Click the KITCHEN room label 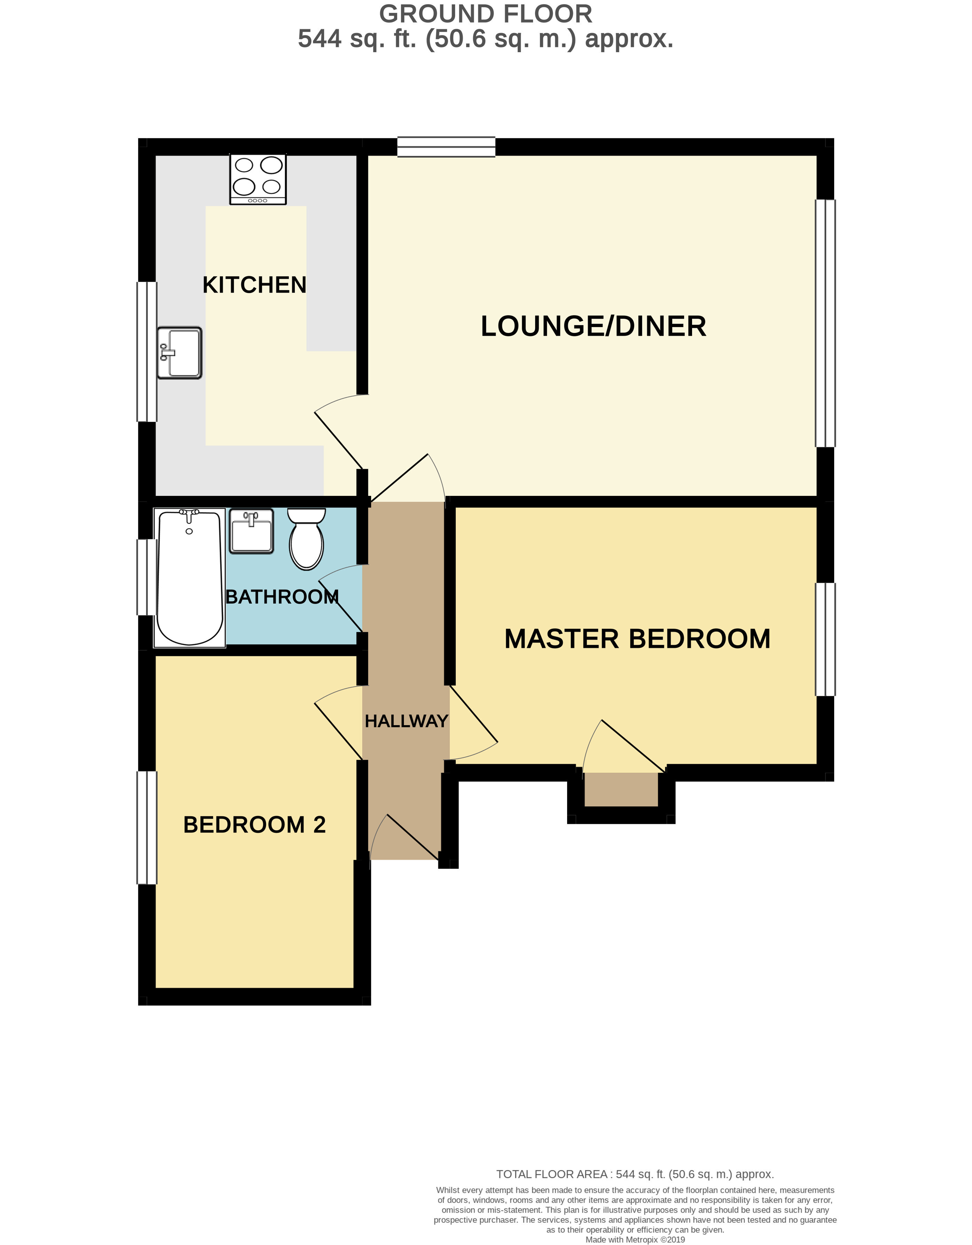coord(254,285)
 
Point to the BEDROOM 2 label coord(254,825)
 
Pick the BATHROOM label coord(282,597)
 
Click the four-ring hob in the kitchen coord(258,179)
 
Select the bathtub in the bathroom coord(189,578)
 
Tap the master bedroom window coord(825,639)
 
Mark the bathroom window coord(147,577)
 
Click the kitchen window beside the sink coord(147,352)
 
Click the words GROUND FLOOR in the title coord(486,14)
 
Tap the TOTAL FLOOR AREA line coord(635,1174)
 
